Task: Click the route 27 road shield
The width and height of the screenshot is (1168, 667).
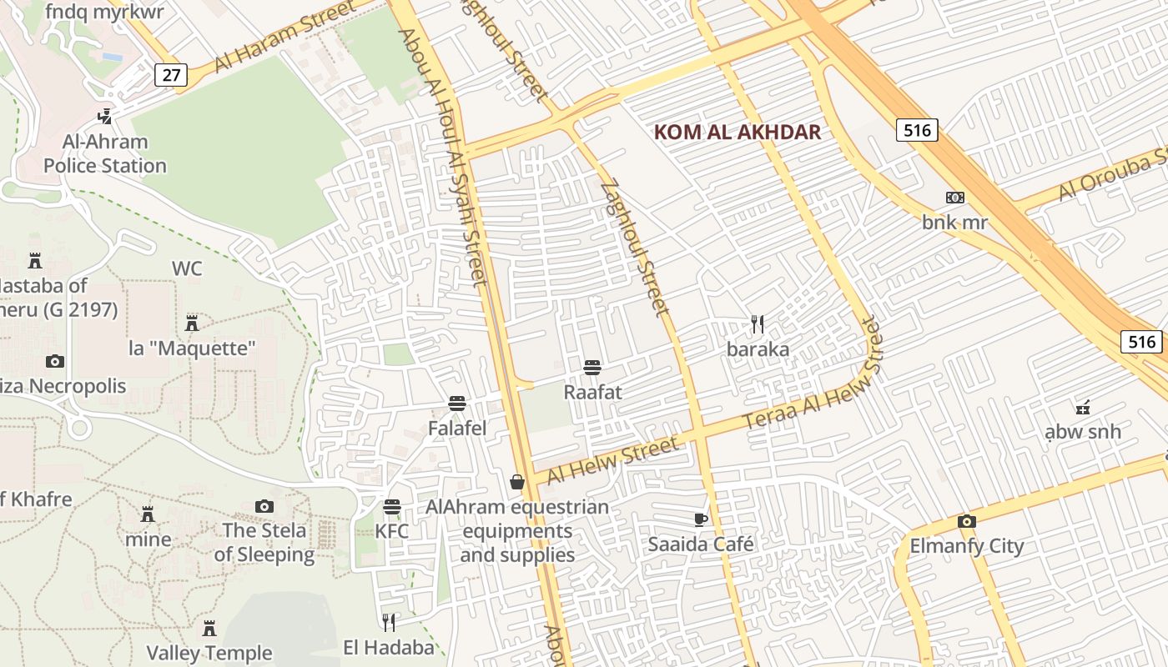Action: click(x=171, y=75)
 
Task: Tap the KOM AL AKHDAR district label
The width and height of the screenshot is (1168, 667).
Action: click(x=738, y=132)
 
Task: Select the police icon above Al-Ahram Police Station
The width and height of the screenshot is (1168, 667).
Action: click(x=105, y=117)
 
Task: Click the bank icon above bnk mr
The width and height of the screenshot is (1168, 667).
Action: click(x=954, y=198)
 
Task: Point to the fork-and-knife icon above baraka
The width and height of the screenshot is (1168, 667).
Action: click(x=758, y=323)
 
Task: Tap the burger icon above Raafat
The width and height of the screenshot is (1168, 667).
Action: click(x=592, y=367)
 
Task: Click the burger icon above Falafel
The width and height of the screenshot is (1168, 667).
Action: click(x=456, y=404)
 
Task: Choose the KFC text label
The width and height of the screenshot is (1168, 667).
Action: click(x=391, y=531)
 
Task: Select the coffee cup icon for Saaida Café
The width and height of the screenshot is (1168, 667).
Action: click(x=701, y=520)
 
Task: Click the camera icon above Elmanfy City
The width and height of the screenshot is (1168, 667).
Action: click(x=966, y=522)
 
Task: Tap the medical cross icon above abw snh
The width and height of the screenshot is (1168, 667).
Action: click(x=1082, y=408)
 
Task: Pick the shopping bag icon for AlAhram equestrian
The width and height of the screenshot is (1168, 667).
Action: click(x=517, y=482)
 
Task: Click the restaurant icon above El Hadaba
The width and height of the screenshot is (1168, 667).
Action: click(x=389, y=622)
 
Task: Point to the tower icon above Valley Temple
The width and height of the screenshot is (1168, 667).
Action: click(x=209, y=628)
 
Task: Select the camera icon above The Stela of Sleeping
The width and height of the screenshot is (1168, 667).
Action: click(x=264, y=506)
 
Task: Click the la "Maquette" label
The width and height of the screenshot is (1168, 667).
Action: click(x=192, y=348)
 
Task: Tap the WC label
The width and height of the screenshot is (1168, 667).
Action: click(x=187, y=268)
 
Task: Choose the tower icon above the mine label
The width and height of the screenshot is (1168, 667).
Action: click(x=148, y=514)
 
